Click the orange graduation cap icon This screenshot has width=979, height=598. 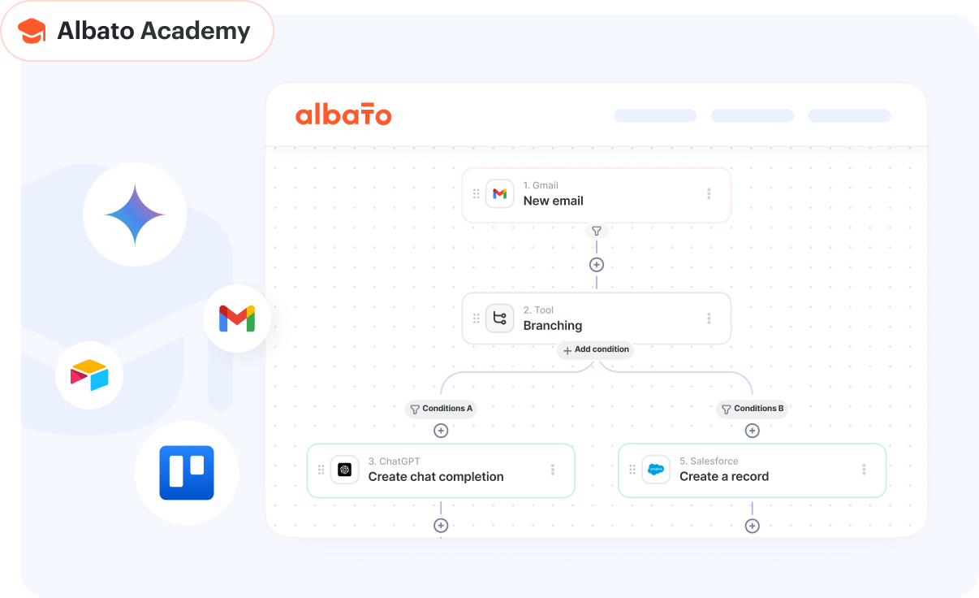tap(32, 31)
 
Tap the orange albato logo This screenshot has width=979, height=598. tap(343, 115)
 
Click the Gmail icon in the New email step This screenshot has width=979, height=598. tap(499, 193)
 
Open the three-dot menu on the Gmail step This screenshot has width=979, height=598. tap(709, 193)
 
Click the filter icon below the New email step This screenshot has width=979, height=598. tap(597, 231)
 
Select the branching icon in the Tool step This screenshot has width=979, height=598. tap(499, 318)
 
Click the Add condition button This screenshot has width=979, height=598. tap(595, 350)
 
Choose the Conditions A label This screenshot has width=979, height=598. tap(441, 409)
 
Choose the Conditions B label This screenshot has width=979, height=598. tap(753, 409)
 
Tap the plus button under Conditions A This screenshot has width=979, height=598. tap(441, 431)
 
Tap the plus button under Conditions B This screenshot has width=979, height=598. tap(753, 431)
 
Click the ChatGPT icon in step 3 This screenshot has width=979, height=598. tap(344, 470)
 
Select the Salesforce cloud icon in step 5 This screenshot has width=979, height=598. tap(656, 470)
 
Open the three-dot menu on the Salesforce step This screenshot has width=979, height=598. tap(864, 470)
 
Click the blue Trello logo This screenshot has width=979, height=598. tap(187, 472)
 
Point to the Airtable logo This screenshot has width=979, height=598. tap(89, 375)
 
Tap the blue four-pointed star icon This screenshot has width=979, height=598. tap(135, 214)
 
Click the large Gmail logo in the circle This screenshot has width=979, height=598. tap(237, 318)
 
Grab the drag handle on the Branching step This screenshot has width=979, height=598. tap(476, 318)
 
